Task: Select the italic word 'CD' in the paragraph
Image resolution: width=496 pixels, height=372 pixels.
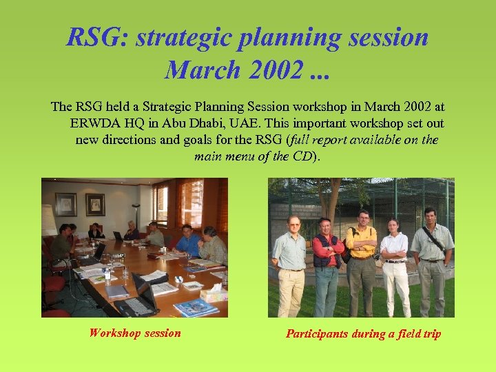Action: pyautogui.click(x=303, y=156)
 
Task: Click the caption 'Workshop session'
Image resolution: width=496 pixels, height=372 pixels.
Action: pyautogui.click(x=135, y=333)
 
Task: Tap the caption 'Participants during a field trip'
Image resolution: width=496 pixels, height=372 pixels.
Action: pyautogui.click(x=363, y=334)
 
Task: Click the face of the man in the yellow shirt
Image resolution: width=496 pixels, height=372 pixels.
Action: pyautogui.click(x=363, y=218)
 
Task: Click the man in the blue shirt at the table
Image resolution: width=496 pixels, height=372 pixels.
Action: pyautogui.click(x=187, y=240)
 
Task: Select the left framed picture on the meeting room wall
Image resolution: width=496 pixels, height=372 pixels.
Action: pyautogui.click(x=66, y=204)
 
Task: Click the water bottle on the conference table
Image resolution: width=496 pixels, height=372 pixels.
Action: pyautogui.click(x=107, y=275)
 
